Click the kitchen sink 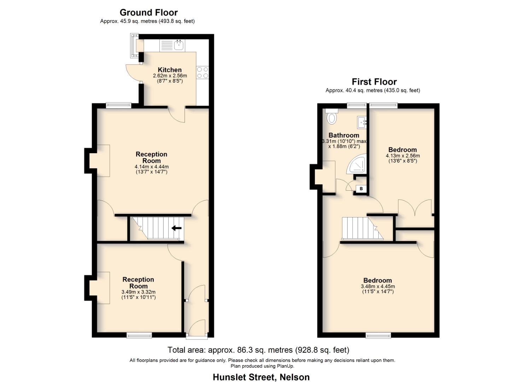(x=179, y=45)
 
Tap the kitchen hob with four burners (x=203, y=73)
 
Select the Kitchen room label (x=170, y=70)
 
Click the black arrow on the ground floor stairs (x=176, y=228)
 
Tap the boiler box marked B (x=361, y=189)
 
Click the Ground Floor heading (x=148, y=13)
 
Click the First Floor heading (x=374, y=82)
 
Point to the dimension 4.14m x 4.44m (x=151, y=167)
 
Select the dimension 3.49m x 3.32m (x=138, y=292)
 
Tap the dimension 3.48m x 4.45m (x=378, y=286)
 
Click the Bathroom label (x=344, y=135)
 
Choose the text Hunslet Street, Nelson (x=261, y=377)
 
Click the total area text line (x=258, y=350)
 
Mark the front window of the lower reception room (x=139, y=335)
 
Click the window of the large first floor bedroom (x=378, y=335)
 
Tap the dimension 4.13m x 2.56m (x=402, y=156)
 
